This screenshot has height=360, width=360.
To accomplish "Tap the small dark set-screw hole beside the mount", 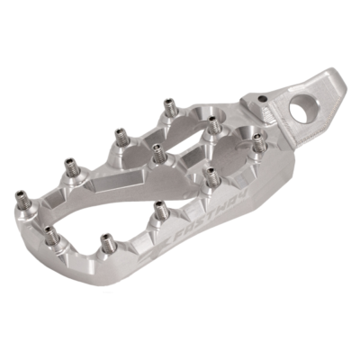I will click(262, 100).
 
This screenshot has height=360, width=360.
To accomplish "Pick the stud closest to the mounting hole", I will click(258, 141).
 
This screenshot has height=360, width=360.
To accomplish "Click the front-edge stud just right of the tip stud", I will click(52, 236).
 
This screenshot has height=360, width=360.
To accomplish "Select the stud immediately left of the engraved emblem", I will click(107, 241).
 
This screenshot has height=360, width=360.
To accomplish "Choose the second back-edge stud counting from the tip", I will click(120, 137).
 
